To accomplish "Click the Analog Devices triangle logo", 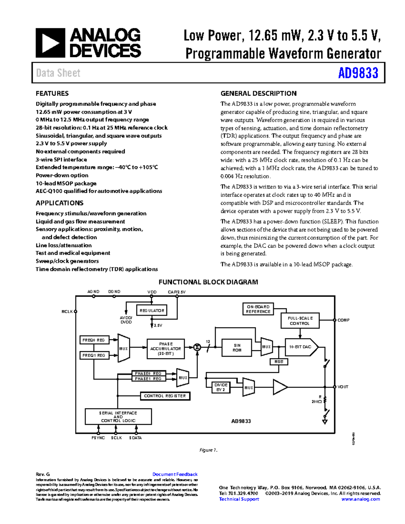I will point(50,43).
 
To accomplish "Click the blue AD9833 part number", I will point(358,73).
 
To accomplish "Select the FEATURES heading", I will point(52,93).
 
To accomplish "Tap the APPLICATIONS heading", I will point(59,203).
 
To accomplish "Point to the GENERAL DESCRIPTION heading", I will point(258,93).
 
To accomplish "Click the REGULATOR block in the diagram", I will point(152,310).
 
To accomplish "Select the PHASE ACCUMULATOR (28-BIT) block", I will point(166,349).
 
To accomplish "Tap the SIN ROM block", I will point(237,348).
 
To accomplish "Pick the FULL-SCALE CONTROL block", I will point(300,321).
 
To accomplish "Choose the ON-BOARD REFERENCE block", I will point(258,309).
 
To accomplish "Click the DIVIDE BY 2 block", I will point(221,387).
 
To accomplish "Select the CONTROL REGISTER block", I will point(165,396).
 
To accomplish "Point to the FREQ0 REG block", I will point(94,340).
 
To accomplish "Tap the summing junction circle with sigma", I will point(197,347).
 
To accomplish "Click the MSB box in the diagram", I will point(279,362).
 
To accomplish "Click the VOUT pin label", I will point(343,387).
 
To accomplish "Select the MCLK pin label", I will point(67,311).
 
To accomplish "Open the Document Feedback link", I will point(175,474).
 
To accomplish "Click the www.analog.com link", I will point(360,499).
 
